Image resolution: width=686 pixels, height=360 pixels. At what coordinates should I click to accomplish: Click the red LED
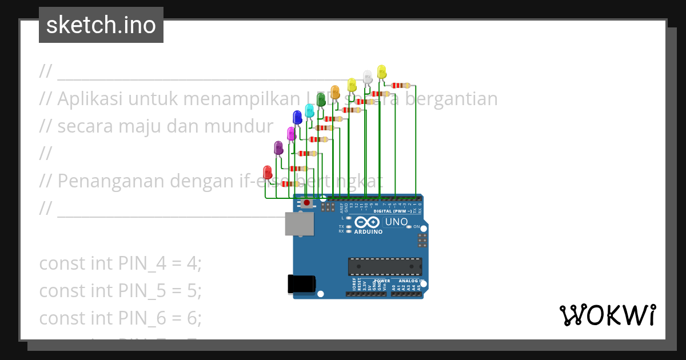pos(267,171)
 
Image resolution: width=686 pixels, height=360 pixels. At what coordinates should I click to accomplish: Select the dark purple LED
pos(278,147)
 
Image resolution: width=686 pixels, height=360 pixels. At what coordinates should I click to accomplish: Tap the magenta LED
pos(291,133)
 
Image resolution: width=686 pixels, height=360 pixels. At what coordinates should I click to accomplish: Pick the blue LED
pos(297,117)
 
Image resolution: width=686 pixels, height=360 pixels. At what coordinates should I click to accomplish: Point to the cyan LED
pos(309,110)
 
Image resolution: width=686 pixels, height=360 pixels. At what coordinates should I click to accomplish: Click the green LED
pos(321,98)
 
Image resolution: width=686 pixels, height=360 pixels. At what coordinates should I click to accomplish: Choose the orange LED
pos(335,91)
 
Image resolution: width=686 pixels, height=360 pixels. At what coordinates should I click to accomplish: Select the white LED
pos(368,76)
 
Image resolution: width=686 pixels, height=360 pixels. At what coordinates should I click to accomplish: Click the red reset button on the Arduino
pos(307,202)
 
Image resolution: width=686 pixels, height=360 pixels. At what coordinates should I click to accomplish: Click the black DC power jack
pos(301,284)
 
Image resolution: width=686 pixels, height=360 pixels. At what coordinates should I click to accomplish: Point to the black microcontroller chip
pos(385,266)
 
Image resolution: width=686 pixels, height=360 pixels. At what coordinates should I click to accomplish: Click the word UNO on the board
pos(396,222)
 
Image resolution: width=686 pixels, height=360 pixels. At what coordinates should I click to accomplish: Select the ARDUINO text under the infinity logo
pos(368,232)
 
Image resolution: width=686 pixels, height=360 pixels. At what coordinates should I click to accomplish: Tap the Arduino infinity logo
pos(368,222)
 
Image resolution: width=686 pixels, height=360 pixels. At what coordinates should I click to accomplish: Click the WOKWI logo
pos(607,315)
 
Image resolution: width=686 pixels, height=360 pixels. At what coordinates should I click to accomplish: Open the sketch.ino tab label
pos(101,25)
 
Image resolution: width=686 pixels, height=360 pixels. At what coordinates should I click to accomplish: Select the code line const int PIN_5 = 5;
pos(121,290)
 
